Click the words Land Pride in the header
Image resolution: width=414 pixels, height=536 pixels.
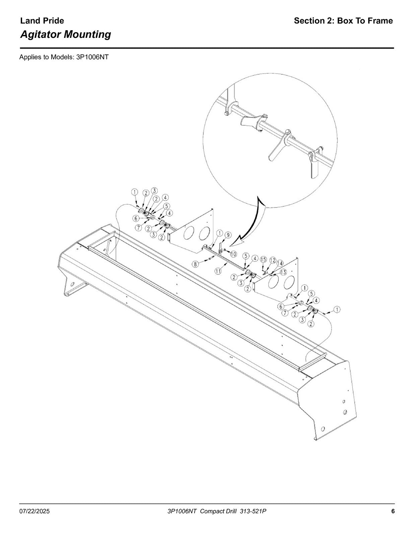[x=42, y=21]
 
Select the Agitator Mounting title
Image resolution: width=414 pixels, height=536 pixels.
[x=66, y=35]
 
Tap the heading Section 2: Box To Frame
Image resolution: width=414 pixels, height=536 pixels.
[x=343, y=21]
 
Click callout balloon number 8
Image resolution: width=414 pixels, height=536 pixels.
[x=195, y=264]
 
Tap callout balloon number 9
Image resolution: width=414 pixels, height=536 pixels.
[x=228, y=235]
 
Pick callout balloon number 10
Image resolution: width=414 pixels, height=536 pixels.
[x=233, y=254]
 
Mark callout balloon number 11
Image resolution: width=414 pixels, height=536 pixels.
[x=218, y=271]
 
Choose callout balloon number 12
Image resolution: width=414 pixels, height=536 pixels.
[x=272, y=260]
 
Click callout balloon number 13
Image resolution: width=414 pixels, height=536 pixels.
[x=283, y=272]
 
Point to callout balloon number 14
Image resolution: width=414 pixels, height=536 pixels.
[x=280, y=263]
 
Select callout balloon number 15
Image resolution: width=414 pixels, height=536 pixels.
[x=264, y=259]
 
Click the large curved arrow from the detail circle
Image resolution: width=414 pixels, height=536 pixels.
[x=257, y=222]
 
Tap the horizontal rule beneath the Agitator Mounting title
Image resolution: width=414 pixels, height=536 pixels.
[x=207, y=48]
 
